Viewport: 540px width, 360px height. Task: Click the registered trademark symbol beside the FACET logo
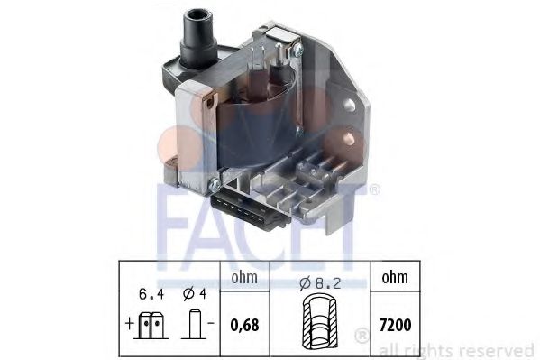click(373, 190)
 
